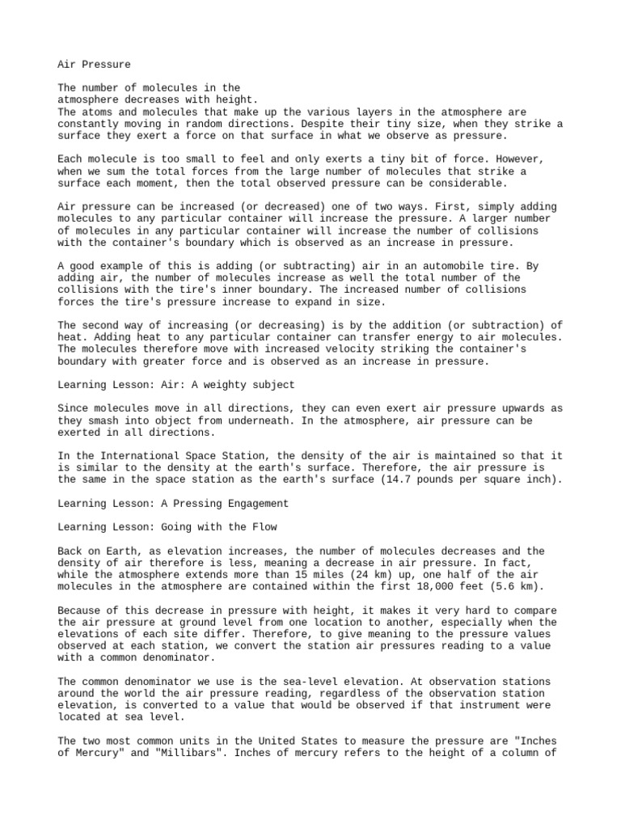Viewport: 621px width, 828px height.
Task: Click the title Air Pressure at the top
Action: coord(94,64)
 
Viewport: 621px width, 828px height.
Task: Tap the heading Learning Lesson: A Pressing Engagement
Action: coord(173,503)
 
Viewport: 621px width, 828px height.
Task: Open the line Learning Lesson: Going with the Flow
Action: coord(167,527)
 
